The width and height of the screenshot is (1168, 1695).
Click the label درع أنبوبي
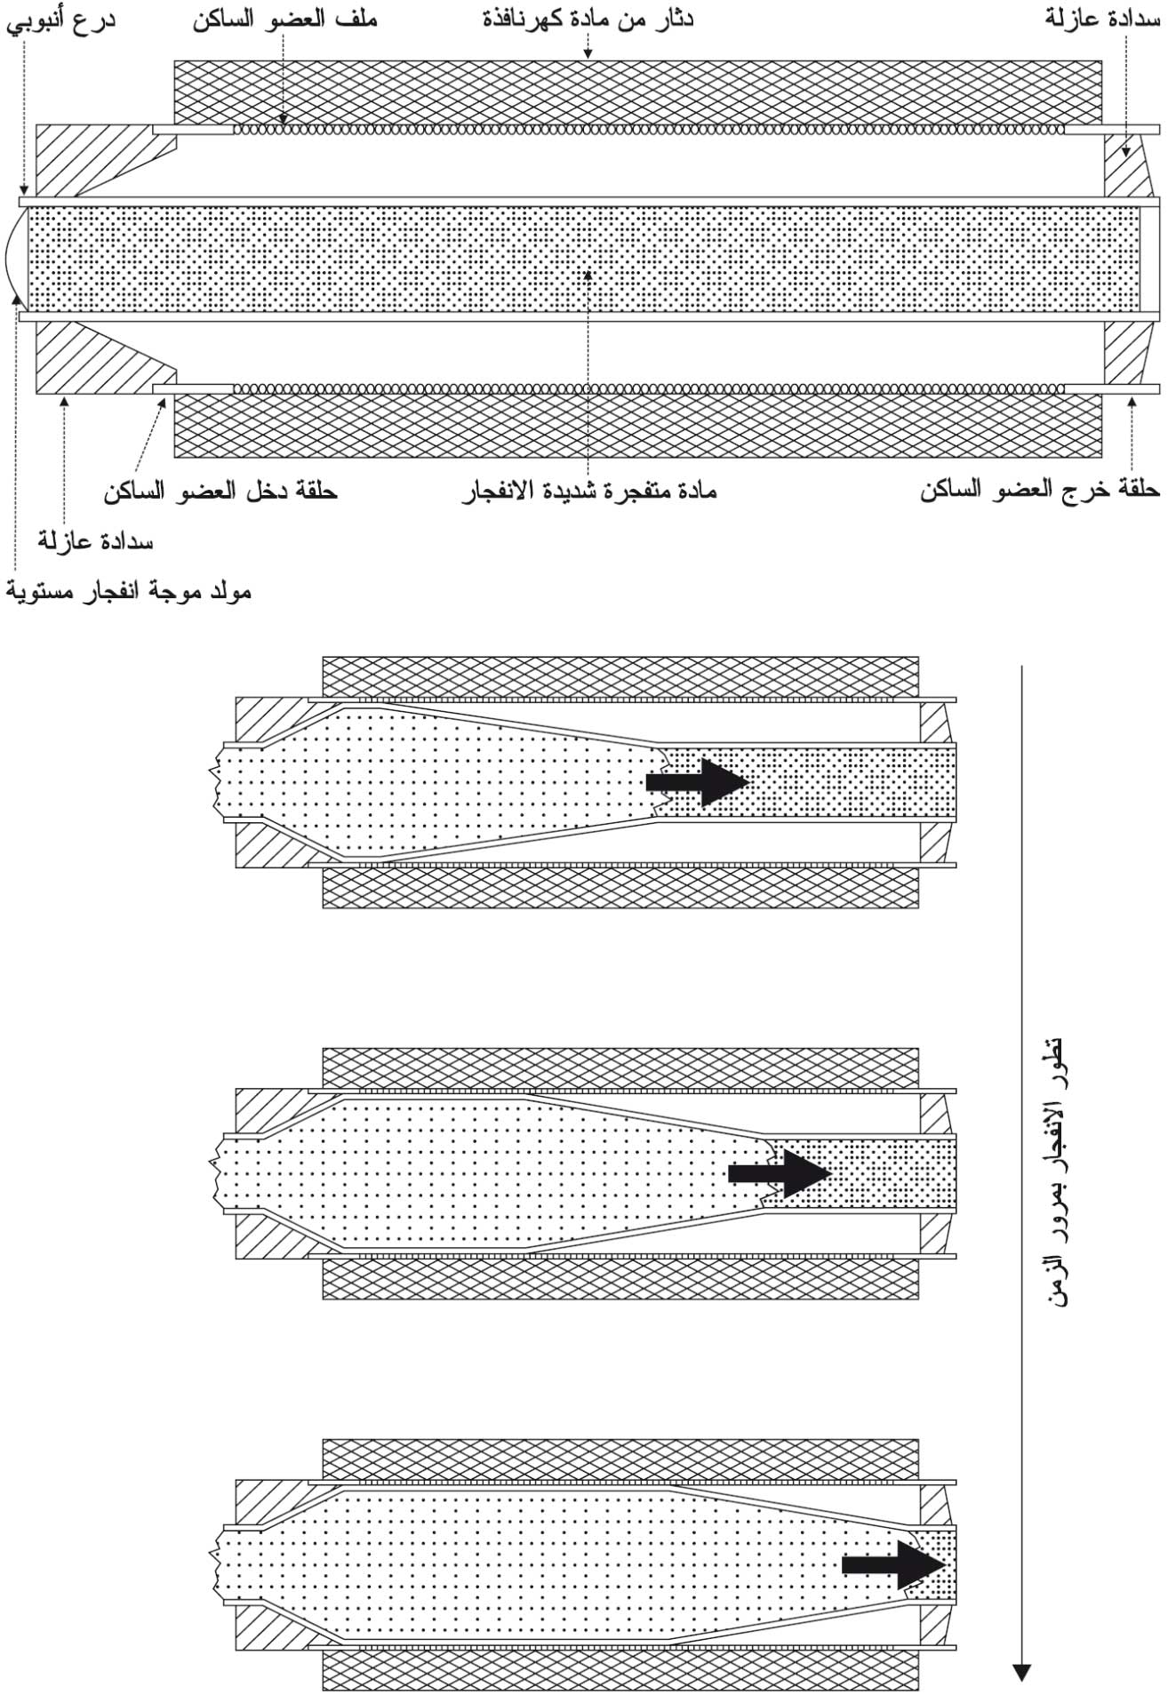tap(61, 19)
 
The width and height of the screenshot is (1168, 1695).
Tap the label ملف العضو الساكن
tap(285, 19)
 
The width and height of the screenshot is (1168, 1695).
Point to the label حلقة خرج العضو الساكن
tap(1040, 490)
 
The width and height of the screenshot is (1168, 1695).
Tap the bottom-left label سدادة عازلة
tap(95, 540)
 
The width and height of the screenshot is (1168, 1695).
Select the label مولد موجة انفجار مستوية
tap(129, 589)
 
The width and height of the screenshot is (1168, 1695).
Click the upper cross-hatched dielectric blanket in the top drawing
tap(638, 92)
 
